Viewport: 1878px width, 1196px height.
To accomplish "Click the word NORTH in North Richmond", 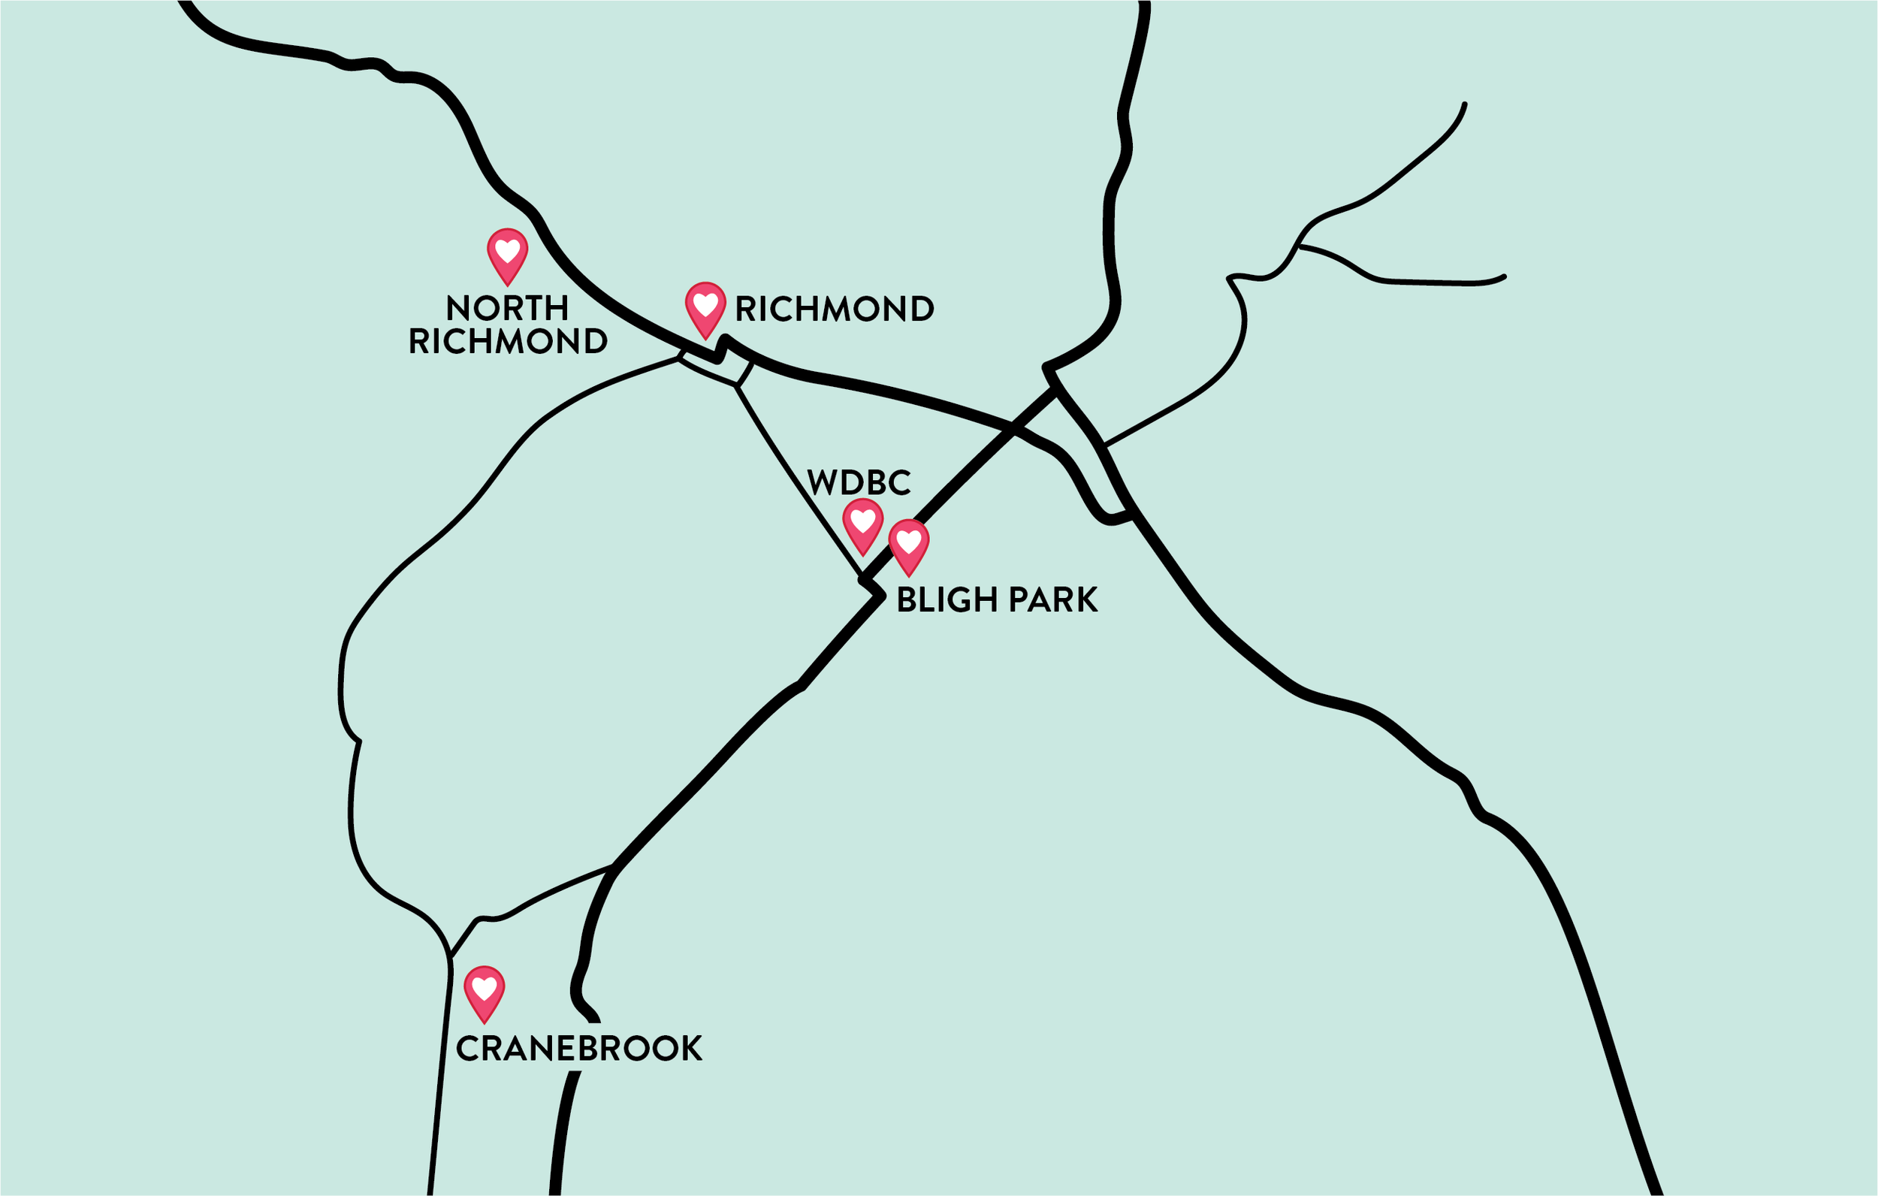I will click(x=507, y=308).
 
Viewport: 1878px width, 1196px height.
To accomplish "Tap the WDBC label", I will click(x=859, y=483).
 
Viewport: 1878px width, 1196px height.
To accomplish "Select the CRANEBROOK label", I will click(x=578, y=1050).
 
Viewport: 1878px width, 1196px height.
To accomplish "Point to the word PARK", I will click(x=1053, y=600).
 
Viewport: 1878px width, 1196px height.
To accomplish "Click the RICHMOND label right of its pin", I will click(x=835, y=309).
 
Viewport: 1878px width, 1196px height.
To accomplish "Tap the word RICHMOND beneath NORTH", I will click(x=508, y=342).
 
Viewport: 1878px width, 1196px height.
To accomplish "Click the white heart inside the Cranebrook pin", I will click(x=485, y=988).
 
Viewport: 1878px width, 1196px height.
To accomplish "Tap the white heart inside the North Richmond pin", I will click(x=507, y=250).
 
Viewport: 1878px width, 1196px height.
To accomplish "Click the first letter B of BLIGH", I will click(x=906, y=600).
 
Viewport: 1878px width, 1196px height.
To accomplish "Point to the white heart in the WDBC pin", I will click(x=862, y=521).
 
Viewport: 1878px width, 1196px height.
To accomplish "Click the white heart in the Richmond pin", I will click(x=705, y=304).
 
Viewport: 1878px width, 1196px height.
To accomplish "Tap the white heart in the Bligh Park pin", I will click(x=909, y=542).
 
